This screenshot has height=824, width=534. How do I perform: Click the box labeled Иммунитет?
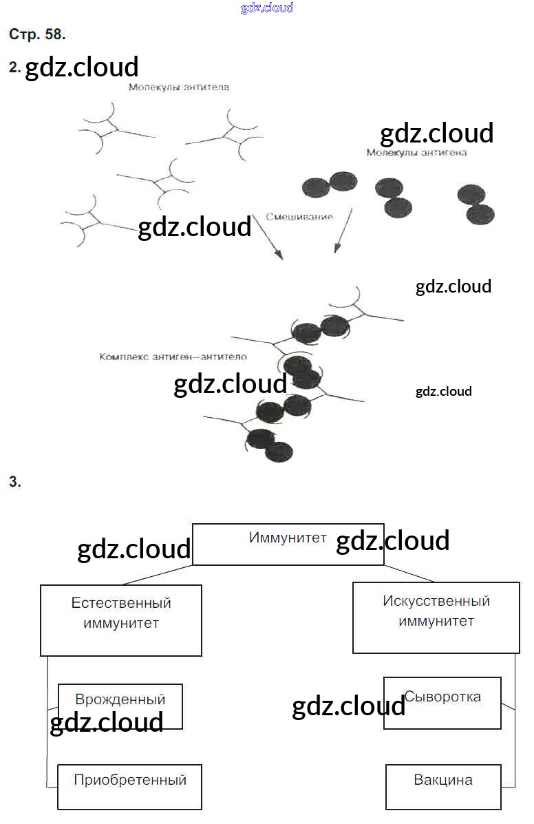(x=288, y=545)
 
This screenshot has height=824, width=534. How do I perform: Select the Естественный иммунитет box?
(x=121, y=620)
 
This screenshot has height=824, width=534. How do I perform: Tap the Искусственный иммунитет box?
(x=436, y=617)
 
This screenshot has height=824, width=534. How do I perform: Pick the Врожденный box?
(x=120, y=706)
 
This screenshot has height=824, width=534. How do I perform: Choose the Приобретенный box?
(x=129, y=787)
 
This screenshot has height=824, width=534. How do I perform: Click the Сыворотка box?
(x=442, y=703)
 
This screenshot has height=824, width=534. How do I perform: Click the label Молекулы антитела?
(x=178, y=87)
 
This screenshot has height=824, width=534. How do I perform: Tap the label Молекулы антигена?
(x=416, y=152)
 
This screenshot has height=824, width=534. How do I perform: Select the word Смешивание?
(x=299, y=216)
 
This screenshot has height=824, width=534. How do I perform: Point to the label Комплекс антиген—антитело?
(x=173, y=357)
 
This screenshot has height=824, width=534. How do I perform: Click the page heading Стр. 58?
(x=37, y=34)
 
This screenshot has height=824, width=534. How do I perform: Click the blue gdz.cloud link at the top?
(x=267, y=8)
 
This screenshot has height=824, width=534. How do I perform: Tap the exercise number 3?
(x=15, y=483)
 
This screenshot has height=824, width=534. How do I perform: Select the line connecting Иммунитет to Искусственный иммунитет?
(x=409, y=573)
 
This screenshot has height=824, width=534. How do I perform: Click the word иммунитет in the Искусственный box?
(x=436, y=621)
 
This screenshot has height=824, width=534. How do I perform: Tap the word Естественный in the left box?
(x=121, y=603)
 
